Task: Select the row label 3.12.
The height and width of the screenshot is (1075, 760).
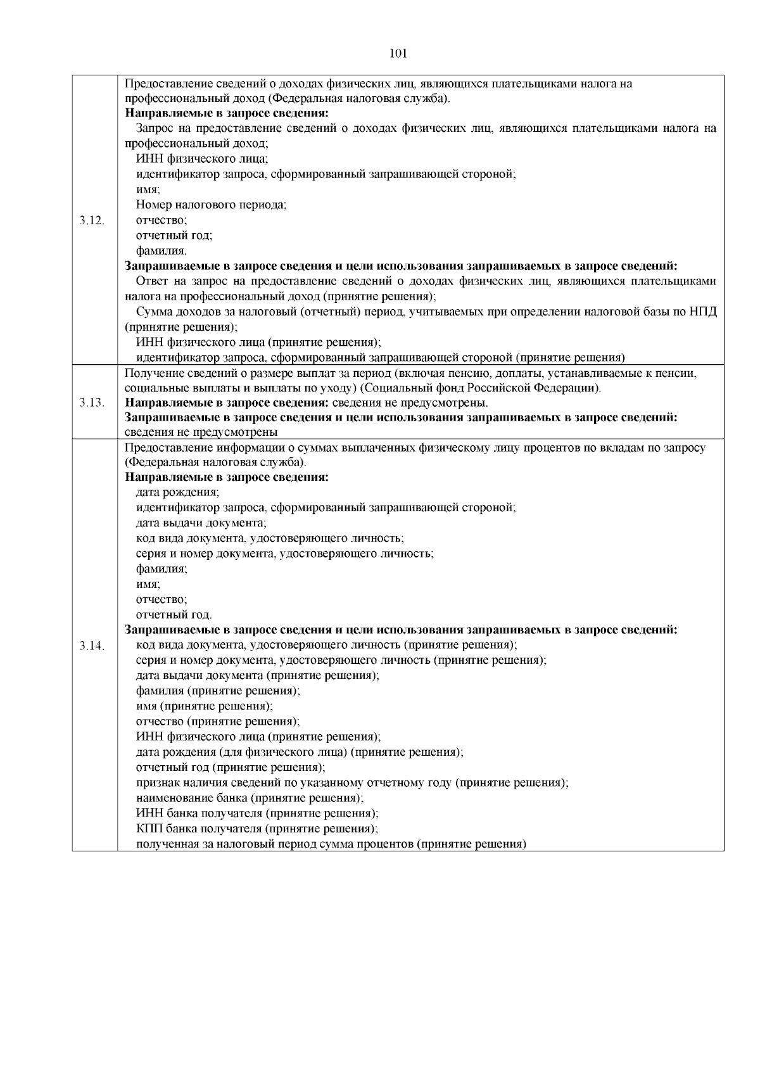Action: (92, 220)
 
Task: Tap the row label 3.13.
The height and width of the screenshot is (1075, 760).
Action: (92, 403)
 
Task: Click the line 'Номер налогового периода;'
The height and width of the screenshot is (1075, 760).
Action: (212, 205)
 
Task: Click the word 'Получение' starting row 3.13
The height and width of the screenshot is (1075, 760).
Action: (148, 373)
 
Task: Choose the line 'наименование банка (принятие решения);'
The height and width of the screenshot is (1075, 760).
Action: (250, 798)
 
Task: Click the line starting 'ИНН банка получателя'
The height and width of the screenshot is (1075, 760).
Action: (257, 813)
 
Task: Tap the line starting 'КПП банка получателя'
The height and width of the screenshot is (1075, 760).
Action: (257, 829)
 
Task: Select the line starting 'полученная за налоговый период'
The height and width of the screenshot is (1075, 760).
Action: (331, 844)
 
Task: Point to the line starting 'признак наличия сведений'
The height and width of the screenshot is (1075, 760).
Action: (352, 783)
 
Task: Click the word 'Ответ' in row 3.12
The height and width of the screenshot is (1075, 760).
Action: (151, 281)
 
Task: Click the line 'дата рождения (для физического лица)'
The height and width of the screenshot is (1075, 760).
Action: (300, 753)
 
